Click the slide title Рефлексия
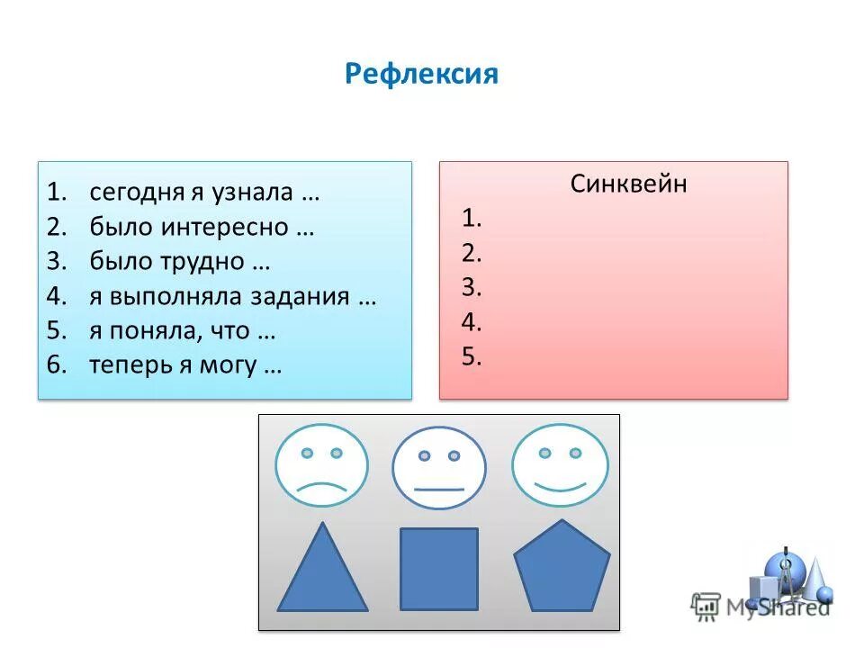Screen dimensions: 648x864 (x=420, y=74)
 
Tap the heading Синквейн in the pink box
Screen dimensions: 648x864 (x=628, y=184)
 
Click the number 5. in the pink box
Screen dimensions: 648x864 (x=472, y=356)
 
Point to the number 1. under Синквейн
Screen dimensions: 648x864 (x=472, y=218)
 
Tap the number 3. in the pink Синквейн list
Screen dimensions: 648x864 (x=472, y=287)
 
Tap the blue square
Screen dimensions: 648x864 (x=439, y=569)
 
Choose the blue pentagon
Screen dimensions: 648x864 (x=562, y=570)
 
